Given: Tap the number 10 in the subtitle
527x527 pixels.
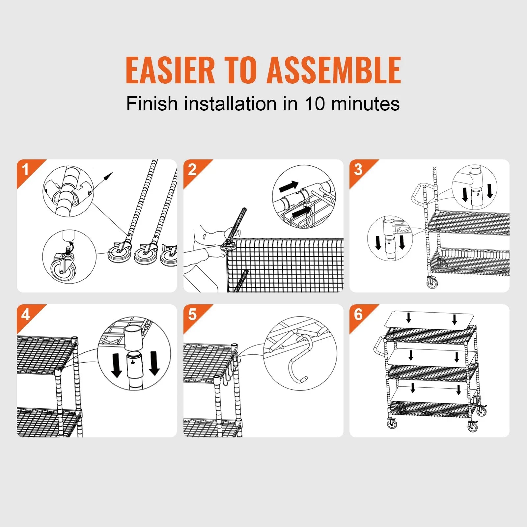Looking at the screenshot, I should (x=315, y=104).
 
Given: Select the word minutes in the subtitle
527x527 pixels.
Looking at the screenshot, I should (x=365, y=104).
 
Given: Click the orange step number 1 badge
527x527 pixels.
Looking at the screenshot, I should (x=26, y=170).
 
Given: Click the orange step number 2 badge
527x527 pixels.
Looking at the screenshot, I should (x=192, y=170).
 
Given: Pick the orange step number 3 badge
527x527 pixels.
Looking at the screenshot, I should (x=358, y=170).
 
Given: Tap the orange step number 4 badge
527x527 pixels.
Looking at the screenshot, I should (x=26, y=315).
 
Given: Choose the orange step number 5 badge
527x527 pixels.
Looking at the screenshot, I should (x=192, y=315).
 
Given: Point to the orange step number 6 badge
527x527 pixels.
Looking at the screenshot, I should (x=358, y=315).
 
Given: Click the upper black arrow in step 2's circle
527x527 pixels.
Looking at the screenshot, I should (x=289, y=186).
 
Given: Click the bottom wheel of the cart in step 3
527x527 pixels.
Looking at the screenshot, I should (x=432, y=283).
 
